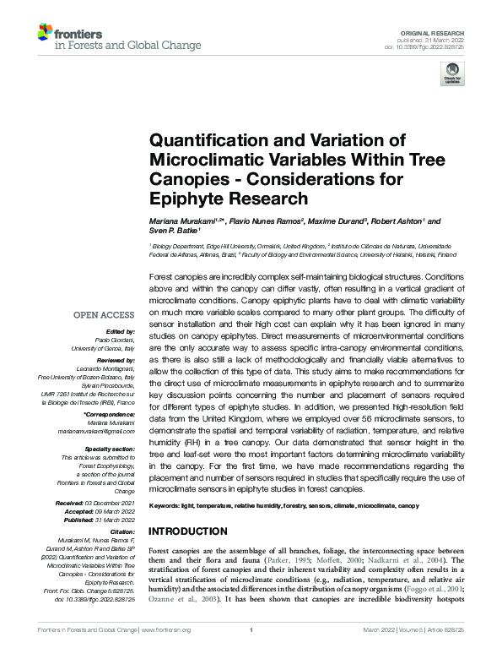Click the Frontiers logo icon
pyautogui.click(x=46, y=33)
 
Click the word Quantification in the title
pyautogui.click(x=209, y=140)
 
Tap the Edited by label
pyautogui.click(x=117, y=332)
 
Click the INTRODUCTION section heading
pyautogui.click(x=188, y=531)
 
